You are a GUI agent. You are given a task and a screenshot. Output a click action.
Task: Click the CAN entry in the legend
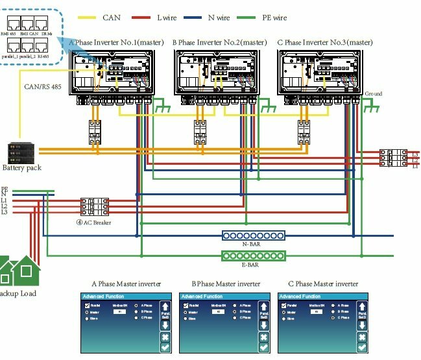112,18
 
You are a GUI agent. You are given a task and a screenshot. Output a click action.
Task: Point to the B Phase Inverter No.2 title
219,43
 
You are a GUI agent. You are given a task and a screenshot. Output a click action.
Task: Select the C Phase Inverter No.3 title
320,43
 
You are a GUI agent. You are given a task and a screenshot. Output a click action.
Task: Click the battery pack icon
20,152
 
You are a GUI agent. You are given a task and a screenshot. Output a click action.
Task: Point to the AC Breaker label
94,222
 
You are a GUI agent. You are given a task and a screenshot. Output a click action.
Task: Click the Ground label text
373,93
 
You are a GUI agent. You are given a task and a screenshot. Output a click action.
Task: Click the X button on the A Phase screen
164,338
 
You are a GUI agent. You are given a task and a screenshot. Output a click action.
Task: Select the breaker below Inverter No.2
200,132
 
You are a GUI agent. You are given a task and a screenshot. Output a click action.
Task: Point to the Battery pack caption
23,168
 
